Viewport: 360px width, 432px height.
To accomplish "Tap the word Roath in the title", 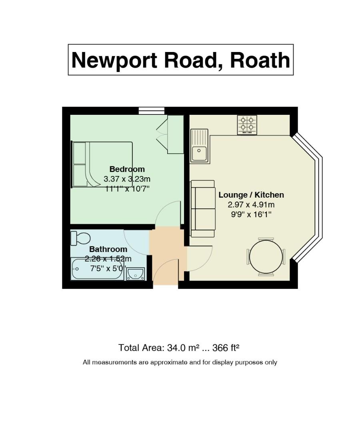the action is point(260,60).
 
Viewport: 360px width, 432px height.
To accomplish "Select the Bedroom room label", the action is point(127,169).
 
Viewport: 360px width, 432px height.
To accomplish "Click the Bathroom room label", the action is point(108,249).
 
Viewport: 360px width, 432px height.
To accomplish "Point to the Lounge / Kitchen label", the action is point(251,195).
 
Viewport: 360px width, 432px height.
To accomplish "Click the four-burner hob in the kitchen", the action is point(247,125).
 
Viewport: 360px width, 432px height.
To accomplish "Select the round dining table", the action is point(266,257).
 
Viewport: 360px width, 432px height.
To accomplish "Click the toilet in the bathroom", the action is point(80,238).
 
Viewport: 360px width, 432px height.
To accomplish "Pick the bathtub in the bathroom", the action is point(98,269).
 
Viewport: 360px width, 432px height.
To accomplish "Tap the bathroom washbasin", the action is point(136,274).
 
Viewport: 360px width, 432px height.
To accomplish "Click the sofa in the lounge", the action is point(203,208).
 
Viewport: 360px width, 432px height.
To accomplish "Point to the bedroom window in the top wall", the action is point(152,111).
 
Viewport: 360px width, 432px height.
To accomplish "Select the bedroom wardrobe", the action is point(176,134).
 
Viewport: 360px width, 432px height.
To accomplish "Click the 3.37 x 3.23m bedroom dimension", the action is point(127,179).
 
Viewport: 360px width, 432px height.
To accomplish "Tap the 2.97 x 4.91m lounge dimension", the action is point(251,205).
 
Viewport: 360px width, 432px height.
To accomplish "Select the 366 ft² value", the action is point(226,348).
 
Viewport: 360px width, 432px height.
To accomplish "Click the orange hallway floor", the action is point(166,255).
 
